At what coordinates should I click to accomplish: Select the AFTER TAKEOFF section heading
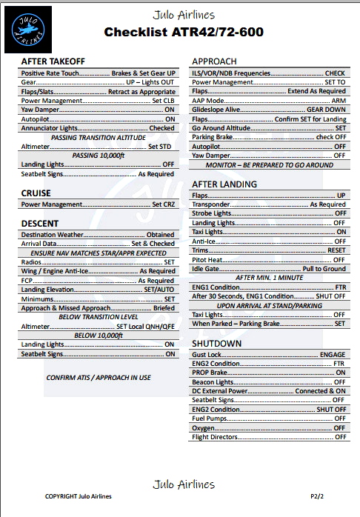click(x=53, y=61)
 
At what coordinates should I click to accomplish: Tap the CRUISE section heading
click(x=36, y=193)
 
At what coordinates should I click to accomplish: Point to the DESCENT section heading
click(x=40, y=223)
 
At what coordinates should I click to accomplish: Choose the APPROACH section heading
click(x=214, y=61)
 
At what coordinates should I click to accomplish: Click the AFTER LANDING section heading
click(x=224, y=184)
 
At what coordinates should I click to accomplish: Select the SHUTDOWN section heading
click(x=217, y=344)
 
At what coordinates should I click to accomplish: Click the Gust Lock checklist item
click(x=208, y=355)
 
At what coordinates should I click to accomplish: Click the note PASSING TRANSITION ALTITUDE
click(x=98, y=138)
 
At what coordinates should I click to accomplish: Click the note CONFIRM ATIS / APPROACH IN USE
click(x=98, y=377)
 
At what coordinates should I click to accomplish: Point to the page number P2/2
click(x=318, y=496)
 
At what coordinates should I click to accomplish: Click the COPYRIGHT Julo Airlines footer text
click(x=79, y=496)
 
